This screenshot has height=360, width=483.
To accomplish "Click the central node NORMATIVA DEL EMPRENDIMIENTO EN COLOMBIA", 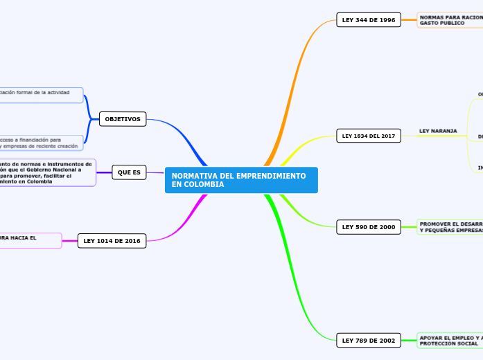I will click(241, 180).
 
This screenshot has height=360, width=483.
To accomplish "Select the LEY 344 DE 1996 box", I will click(368, 20).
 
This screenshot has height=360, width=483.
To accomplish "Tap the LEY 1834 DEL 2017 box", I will click(368, 136).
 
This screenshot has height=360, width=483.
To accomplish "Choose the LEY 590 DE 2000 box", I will click(368, 226).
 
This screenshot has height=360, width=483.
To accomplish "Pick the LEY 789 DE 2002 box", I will click(368, 340).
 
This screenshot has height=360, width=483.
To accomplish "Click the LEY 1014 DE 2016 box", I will click(112, 241).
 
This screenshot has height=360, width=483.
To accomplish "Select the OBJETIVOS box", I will click(123, 119).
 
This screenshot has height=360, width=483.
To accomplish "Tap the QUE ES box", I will click(129, 172).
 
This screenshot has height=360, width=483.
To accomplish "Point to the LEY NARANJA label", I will click(438, 131).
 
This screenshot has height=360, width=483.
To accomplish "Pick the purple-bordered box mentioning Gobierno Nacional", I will click(47, 172).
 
